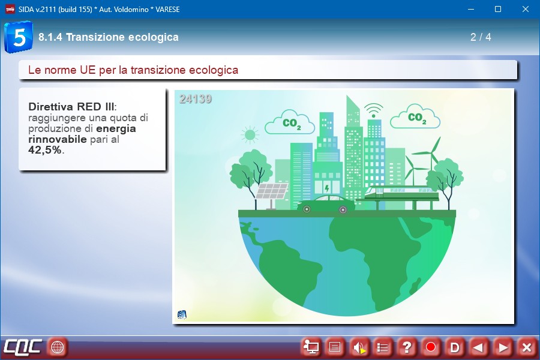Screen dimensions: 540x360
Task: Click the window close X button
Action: tap(525, 10)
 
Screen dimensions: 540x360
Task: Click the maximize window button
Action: tap(498, 10)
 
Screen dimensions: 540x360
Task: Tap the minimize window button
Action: tap(471, 10)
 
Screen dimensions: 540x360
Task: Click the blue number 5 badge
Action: tap(19, 37)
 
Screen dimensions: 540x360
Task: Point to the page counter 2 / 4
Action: tap(481, 37)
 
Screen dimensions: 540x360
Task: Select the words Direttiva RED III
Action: tap(71, 106)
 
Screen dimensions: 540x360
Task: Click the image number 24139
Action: tap(195, 99)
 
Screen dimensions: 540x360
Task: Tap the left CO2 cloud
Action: tap(290, 122)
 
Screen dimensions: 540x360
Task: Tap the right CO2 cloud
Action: tap(415, 116)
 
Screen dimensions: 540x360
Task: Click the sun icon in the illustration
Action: tap(250, 134)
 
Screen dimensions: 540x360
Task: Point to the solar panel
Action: tap(271, 191)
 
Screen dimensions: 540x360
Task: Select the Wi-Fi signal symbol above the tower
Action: tap(373, 110)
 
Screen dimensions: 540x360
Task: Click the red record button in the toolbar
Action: tap(430, 347)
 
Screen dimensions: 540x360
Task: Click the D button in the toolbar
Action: tap(455, 347)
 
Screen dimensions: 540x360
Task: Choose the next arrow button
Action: tap(503, 347)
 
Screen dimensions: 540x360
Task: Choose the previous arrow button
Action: tap(479, 347)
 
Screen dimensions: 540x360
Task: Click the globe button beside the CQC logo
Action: tap(57, 347)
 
